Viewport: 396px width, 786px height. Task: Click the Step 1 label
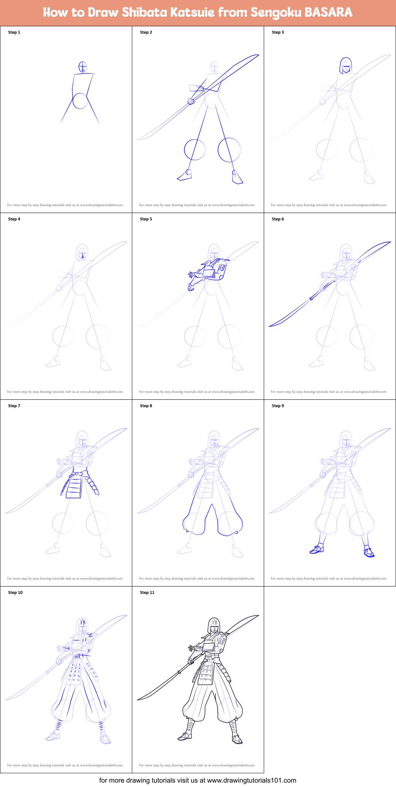[x=14, y=32]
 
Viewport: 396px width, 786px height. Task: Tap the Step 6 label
[x=278, y=219]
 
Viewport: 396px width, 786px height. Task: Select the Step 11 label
[x=147, y=592]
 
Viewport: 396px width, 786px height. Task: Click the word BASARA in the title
[x=328, y=12]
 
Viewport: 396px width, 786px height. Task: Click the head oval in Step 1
[x=82, y=67]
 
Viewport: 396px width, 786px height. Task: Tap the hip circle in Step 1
[x=80, y=101]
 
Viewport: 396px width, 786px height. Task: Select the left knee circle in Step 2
[x=195, y=150]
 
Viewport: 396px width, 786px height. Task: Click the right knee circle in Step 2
[x=229, y=150]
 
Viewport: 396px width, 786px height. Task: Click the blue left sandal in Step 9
[x=317, y=550]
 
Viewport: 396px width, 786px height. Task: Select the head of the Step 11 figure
[x=214, y=625]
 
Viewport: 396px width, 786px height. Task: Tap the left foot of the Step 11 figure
[x=184, y=736]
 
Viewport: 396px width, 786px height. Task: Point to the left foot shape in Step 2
[x=184, y=176]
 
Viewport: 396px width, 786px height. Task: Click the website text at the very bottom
[x=198, y=780]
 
